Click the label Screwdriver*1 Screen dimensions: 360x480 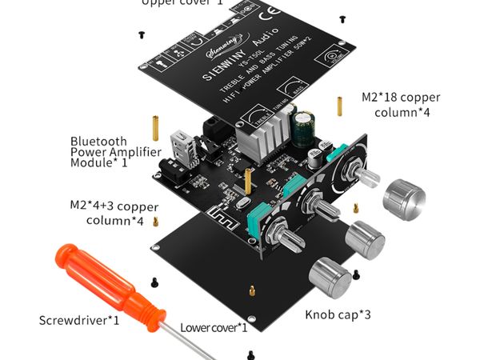pyautogui.click(x=79, y=321)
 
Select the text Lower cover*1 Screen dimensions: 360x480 pyautogui.click(x=214, y=327)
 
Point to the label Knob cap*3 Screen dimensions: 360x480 pyautogui.click(x=338, y=314)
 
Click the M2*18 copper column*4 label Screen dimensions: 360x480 pyautogui.click(x=401, y=105)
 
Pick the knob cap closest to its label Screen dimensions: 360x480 pyautogui.click(x=330, y=278)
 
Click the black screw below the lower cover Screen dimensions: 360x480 pyautogui.click(x=251, y=353)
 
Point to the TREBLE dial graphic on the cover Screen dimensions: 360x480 pyautogui.click(x=257, y=115)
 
